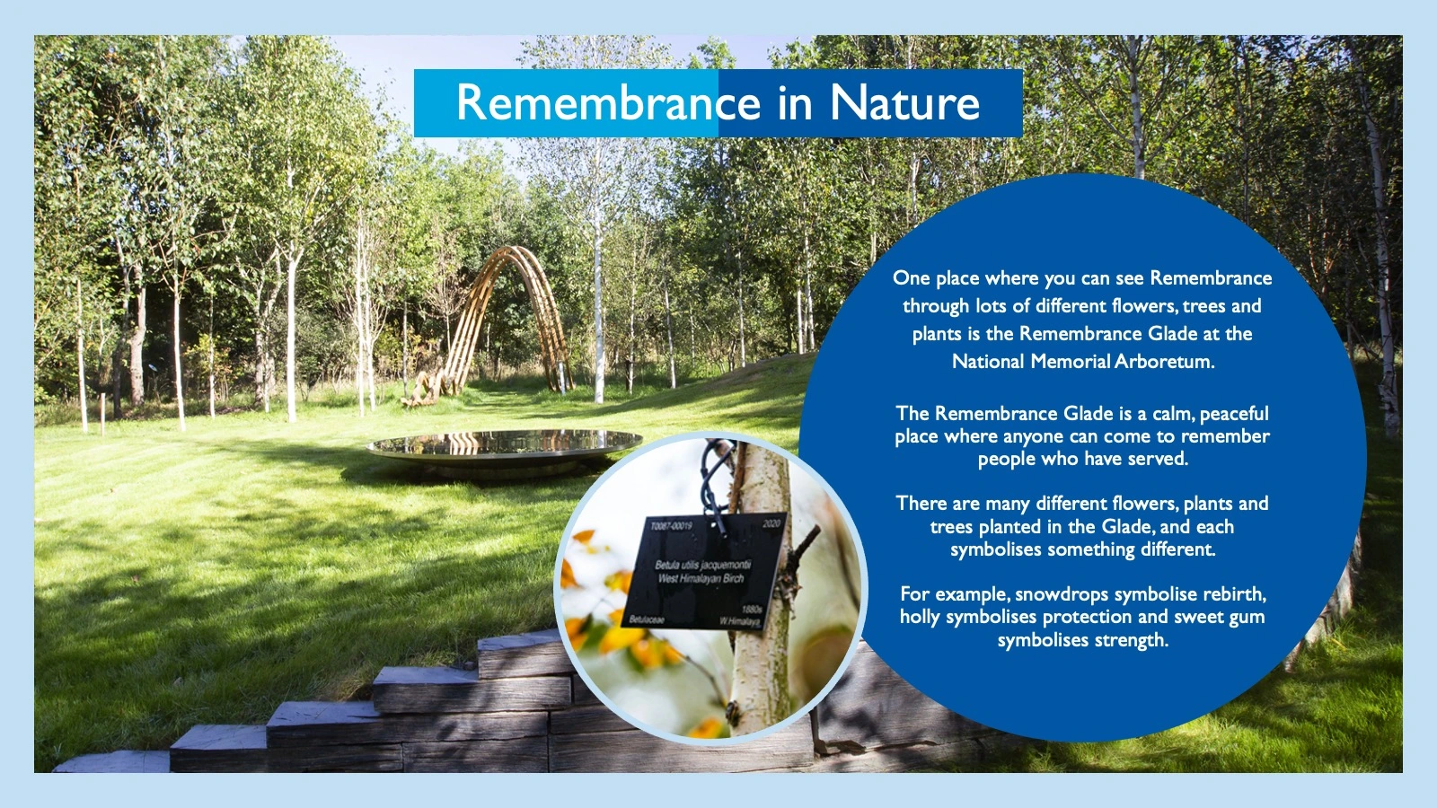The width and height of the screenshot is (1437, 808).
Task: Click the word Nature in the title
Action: (x=904, y=102)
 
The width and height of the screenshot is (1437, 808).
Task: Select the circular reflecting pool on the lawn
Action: (x=505, y=444)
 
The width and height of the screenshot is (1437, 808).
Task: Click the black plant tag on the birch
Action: (x=705, y=572)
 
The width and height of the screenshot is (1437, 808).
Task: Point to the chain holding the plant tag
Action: (x=716, y=476)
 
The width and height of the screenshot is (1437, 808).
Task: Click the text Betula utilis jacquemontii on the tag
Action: (x=702, y=565)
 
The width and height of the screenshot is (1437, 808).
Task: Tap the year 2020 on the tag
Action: (x=771, y=523)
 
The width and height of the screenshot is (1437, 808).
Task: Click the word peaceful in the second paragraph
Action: (x=1234, y=414)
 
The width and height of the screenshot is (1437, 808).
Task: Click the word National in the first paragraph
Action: (x=988, y=362)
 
